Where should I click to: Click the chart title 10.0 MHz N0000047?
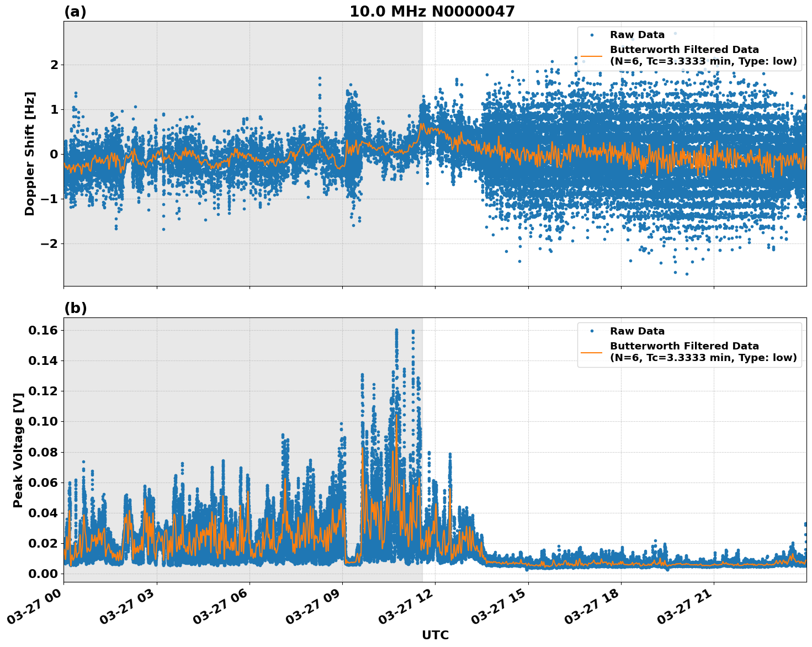[x=432, y=12]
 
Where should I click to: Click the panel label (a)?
[x=75, y=12]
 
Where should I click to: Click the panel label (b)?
[x=75, y=308]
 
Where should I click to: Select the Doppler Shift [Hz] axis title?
[x=30, y=153]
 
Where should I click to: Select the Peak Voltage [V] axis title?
[x=18, y=450]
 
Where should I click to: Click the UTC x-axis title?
[x=435, y=635]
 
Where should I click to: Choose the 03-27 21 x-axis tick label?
[x=686, y=611]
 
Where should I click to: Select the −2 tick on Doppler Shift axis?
[x=50, y=243]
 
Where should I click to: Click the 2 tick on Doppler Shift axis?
[x=54, y=65]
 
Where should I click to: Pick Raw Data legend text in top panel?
[x=637, y=35]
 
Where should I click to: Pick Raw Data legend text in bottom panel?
[x=637, y=331]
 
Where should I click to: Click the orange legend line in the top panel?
[x=592, y=56]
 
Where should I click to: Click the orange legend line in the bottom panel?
[x=592, y=352]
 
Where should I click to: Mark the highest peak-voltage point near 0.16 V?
[x=396, y=330]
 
